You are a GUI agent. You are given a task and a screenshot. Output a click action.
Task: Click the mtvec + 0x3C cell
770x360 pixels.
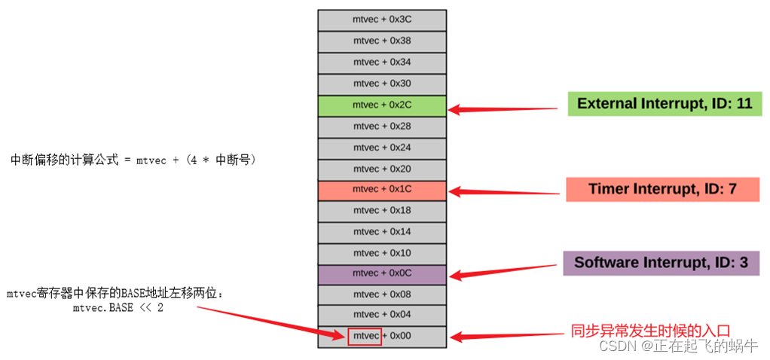click(x=381, y=20)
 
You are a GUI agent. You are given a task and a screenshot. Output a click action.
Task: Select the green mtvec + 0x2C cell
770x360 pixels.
click(x=381, y=105)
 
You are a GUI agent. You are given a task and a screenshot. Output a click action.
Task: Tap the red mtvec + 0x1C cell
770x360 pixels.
click(x=381, y=189)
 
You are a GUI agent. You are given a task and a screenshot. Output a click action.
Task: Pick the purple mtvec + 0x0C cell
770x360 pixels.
click(x=381, y=273)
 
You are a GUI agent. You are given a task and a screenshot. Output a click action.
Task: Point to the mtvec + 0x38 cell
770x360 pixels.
click(x=381, y=41)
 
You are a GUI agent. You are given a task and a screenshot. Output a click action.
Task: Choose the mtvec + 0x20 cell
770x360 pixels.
click(x=381, y=169)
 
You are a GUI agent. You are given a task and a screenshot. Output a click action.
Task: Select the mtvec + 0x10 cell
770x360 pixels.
click(x=381, y=253)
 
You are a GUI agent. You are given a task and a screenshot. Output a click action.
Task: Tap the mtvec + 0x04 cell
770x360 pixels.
click(x=381, y=315)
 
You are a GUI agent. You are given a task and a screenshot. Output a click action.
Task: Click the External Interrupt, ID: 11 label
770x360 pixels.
click(x=665, y=104)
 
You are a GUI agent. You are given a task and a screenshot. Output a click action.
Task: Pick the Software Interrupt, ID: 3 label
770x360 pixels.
click(x=661, y=263)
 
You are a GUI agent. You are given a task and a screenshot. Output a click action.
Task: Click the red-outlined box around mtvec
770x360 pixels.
click(x=365, y=336)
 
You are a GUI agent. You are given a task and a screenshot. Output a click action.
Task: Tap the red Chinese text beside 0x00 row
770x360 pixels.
click(x=649, y=330)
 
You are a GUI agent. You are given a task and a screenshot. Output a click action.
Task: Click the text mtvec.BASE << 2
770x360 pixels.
click(x=118, y=308)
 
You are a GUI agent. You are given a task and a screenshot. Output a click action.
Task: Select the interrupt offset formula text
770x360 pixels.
click(x=133, y=160)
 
